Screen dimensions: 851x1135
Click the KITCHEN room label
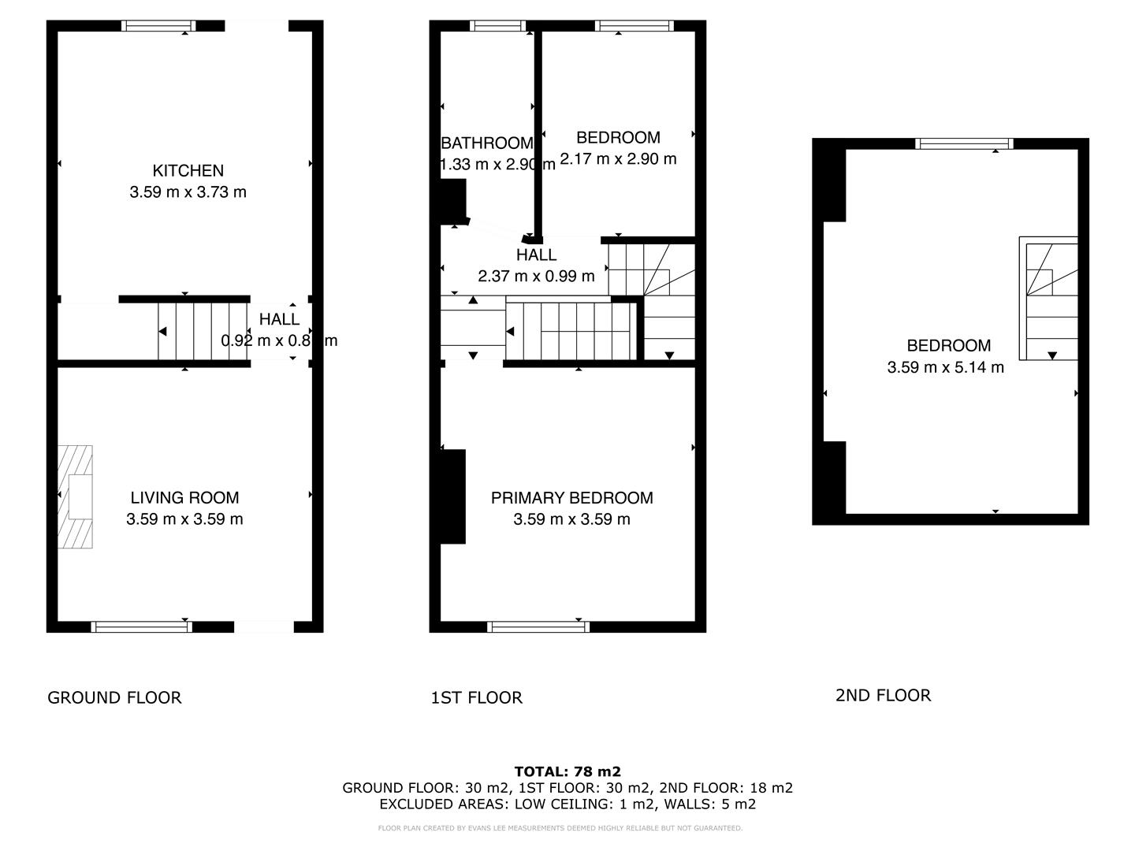[x=188, y=170]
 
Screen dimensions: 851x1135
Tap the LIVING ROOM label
[x=184, y=497]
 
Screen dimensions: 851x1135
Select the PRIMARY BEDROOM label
[x=571, y=498]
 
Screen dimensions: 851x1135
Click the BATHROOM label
[x=486, y=143]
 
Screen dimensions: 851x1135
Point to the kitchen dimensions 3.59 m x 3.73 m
[x=188, y=192]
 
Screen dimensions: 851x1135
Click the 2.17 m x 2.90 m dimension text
[x=618, y=159]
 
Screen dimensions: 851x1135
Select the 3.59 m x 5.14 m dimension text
[x=945, y=367]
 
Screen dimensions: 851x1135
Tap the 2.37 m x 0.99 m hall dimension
[x=536, y=277]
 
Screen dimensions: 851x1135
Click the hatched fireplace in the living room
[x=75, y=496]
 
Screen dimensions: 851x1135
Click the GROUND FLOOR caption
[x=114, y=697]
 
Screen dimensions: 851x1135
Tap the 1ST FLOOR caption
[x=476, y=697]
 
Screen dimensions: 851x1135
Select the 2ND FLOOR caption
[x=883, y=695]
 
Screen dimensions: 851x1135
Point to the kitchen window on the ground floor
[x=158, y=26]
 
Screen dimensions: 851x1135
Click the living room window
[x=142, y=626]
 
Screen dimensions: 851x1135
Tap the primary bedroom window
[x=538, y=626]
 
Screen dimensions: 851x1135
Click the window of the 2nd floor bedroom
[x=964, y=143]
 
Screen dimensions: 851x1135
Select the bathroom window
[x=497, y=26]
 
